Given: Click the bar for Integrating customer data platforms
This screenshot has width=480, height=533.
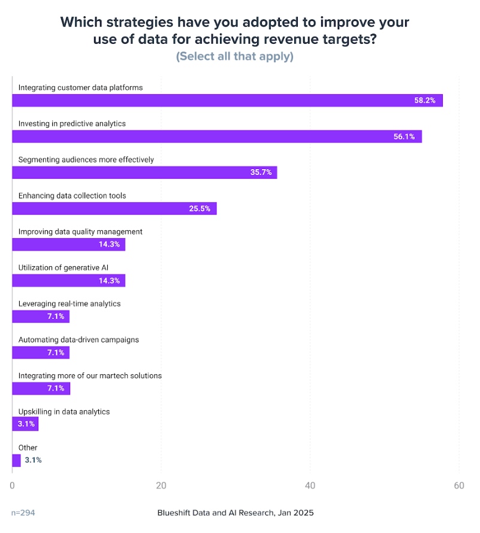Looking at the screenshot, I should click(x=228, y=100).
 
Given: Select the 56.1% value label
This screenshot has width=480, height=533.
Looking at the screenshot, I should click(x=404, y=137).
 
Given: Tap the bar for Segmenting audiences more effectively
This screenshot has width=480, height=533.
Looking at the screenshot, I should click(x=144, y=173).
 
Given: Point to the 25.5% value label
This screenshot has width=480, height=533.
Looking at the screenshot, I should click(x=199, y=209).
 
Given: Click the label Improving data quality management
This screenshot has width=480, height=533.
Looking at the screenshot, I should click(x=80, y=231).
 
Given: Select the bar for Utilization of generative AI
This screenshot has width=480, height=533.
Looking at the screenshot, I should click(x=68, y=280).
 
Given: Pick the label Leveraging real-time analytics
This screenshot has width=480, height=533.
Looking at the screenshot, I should click(x=70, y=303).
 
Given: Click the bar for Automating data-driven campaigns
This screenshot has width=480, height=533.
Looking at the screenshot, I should click(x=41, y=353).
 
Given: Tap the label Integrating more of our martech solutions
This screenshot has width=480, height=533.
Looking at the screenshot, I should click(x=90, y=376).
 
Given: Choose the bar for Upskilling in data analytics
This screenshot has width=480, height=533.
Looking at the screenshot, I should click(x=25, y=424).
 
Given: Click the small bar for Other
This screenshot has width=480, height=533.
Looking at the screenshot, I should click(x=16, y=460).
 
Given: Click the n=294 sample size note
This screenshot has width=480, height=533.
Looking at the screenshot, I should click(x=24, y=513).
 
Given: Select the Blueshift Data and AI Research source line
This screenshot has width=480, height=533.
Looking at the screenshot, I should click(x=236, y=513).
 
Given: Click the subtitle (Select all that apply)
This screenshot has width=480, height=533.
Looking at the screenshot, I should click(x=234, y=56).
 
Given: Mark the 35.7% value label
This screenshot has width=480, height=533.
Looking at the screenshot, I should click(x=261, y=173).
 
